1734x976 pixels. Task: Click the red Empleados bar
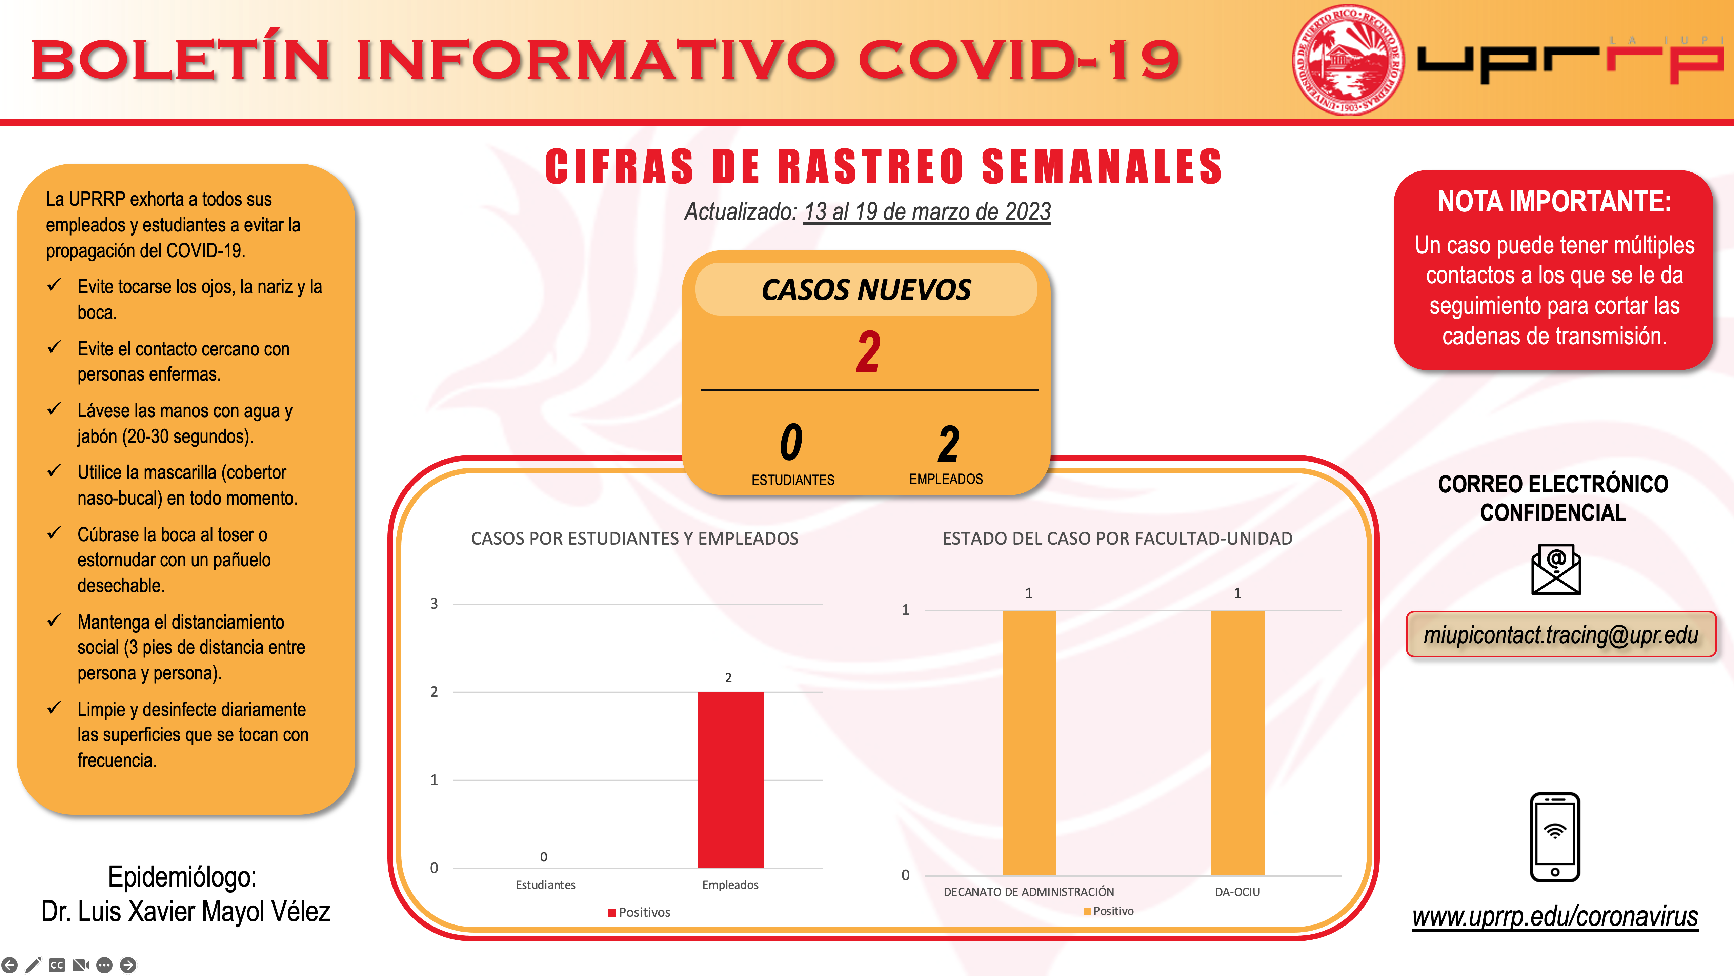(730, 779)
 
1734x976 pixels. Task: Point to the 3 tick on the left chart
(434, 604)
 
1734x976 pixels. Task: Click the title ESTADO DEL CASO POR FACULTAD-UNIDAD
(1117, 538)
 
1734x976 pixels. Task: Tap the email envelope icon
(1556, 569)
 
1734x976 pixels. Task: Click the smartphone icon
(1555, 837)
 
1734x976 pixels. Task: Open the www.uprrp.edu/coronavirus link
(1555, 917)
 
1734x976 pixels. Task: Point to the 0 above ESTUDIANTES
(792, 442)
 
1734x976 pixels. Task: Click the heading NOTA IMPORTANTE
(1554, 201)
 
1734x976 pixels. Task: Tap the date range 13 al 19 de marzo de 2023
(927, 211)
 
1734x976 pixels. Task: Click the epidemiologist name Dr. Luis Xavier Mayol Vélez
(186, 911)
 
